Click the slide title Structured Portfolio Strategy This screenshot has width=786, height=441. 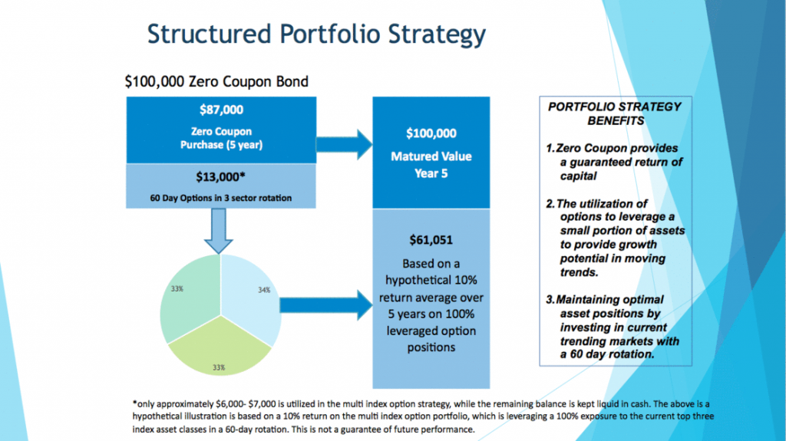point(316,35)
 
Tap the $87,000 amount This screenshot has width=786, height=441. point(221,110)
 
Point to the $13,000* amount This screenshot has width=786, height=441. point(221,176)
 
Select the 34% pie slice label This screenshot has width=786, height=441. point(263,290)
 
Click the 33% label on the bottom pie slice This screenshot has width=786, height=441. point(219,367)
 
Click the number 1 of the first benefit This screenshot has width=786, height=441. point(549,148)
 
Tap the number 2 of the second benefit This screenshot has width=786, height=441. point(549,203)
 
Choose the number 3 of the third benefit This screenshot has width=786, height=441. point(549,300)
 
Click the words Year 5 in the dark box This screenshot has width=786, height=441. point(431,173)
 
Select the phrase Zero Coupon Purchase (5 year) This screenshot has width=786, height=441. point(221,138)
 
